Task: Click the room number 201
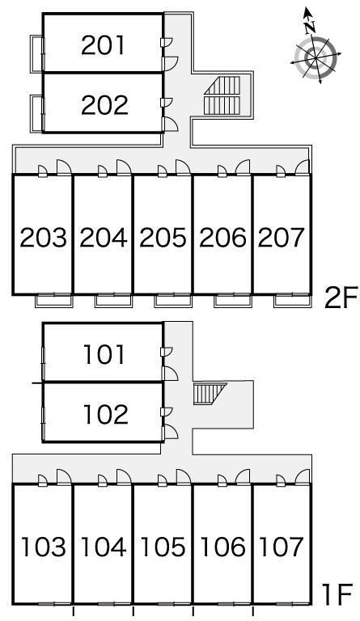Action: coord(103,45)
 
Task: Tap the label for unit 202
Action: coord(104,105)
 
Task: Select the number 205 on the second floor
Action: coord(163,238)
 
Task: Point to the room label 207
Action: coord(282,238)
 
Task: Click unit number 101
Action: coord(104,354)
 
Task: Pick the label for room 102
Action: coord(105,414)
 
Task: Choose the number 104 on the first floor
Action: coord(104,547)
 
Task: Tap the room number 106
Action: coord(223,547)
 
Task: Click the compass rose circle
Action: coord(316,58)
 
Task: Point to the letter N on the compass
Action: coord(310,27)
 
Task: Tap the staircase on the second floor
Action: coord(222,95)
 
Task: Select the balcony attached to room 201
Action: coord(37,54)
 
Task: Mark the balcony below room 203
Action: coord(54,301)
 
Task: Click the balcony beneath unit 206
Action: coord(233,301)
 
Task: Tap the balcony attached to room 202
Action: coord(37,114)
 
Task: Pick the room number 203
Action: coord(43,238)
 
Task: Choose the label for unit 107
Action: coord(282,547)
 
